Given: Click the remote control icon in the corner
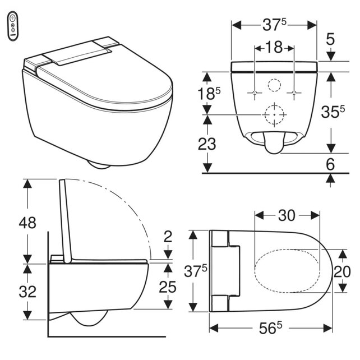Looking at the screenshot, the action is click(13, 26).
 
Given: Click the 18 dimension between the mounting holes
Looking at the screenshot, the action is click(274, 48).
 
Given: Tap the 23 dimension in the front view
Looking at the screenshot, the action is click(207, 144).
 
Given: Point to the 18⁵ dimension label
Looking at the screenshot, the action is click(209, 94).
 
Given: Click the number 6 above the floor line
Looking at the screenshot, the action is click(330, 164).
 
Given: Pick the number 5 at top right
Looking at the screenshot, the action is click(330, 39).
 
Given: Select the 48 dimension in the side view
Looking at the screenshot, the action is click(27, 223).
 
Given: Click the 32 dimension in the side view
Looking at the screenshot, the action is click(27, 292).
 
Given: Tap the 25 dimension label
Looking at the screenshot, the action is click(168, 287).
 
